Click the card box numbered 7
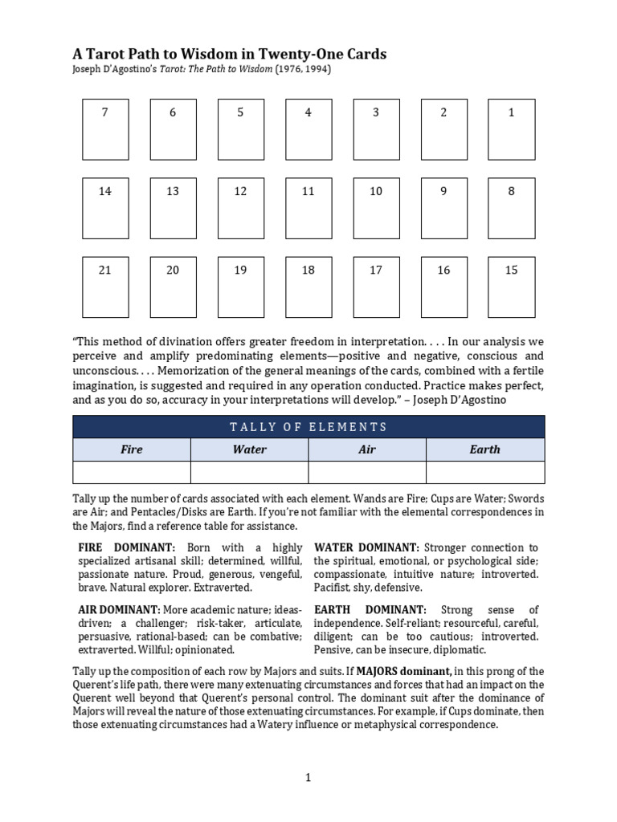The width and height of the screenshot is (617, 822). pyautogui.click(x=105, y=129)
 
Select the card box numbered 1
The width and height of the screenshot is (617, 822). pyautogui.click(x=512, y=129)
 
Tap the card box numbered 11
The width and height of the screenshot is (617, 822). pyautogui.click(x=308, y=208)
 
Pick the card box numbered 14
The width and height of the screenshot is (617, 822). pyautogui.click(x=105, y=208)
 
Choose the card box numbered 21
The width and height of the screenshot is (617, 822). pyautogui.click(x=105, y=287)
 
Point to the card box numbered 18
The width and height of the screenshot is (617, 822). pyautogui.click(x=308, y=287)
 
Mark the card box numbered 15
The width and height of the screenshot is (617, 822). pyautogui.click(x=512, y=287)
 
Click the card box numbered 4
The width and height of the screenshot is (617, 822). pyautogui.click(x=308, y=129)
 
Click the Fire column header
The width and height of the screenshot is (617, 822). pyautogui.click(x=132, y=450)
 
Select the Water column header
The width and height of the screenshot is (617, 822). pyautogui.click(x=249, y=450)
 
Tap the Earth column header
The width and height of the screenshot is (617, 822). pyautogui.click(x=484, y=450)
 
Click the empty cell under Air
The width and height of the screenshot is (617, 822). pyautogui.click(x=367, y=473)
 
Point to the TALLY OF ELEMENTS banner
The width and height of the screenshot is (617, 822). pyautogui.click(x=308, y=427)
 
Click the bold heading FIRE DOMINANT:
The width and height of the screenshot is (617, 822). pyautogui.click(x=126, y=547)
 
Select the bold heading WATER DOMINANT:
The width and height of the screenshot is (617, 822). pyautogui.click(x=366, y=547)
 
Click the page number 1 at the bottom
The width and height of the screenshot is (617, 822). pyautogui.click(x=308, y=777)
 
